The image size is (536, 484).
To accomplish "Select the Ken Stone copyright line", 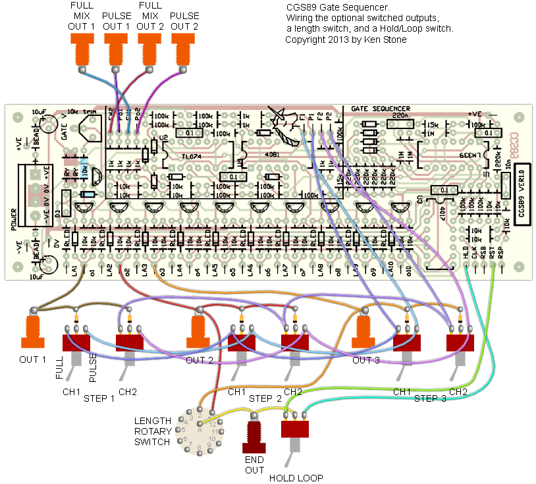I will click(346, 40).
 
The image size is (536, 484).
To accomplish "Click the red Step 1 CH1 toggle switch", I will click(76, 344).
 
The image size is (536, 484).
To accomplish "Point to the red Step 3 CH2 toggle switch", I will click(460, 344).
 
